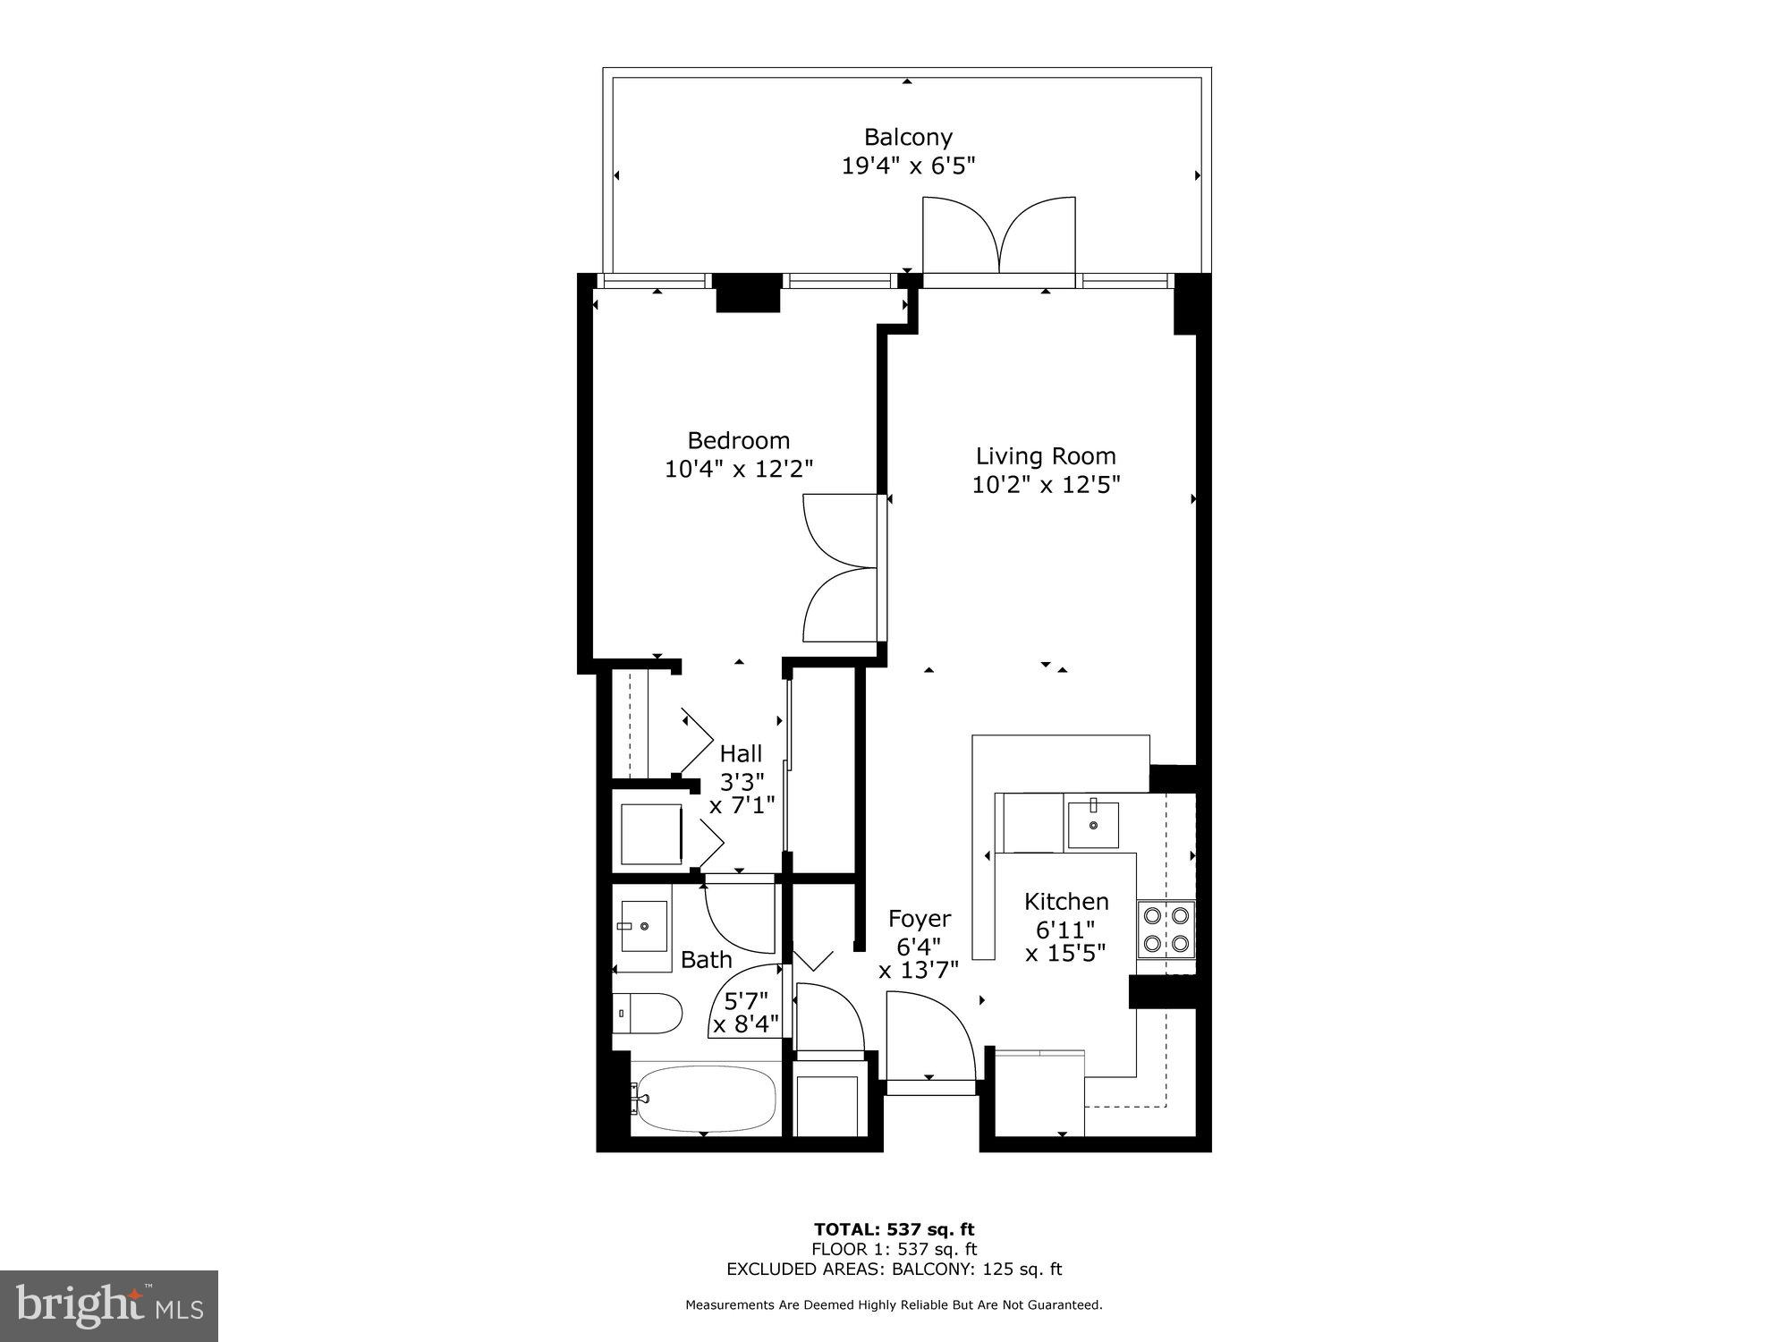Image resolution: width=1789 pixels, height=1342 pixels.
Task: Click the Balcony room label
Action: [x=907, y=137]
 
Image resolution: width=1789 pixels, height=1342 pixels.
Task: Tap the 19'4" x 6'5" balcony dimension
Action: [x=907, y=166]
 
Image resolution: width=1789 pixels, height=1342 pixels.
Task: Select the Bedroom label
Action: [x=738, y=440]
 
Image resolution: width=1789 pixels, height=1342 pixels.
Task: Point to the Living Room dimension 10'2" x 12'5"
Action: [x=1046, y=485]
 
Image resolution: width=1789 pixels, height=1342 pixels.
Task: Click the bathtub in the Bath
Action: [x=703, y=1099]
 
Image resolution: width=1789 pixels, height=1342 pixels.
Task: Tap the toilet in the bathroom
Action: [x=648, y=1013]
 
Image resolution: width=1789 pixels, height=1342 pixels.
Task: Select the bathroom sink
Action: [x=642, y=927]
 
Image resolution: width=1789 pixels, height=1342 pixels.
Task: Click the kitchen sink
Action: [x=1092, y=824]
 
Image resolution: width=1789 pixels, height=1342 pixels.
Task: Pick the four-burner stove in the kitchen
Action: [x=1166, y=929]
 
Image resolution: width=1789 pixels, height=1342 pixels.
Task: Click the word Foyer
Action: [x=919, y=919]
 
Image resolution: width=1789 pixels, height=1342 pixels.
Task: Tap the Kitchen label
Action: [x=1065, y=901]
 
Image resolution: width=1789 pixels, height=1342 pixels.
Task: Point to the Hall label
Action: [x=741, y=753]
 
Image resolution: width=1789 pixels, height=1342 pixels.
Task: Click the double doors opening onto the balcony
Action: [x=998, y=234]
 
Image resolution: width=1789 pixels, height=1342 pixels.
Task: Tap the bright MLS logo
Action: [x=109, y=1306]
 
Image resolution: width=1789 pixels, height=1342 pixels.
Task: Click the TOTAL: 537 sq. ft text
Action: [x=894, y=1229]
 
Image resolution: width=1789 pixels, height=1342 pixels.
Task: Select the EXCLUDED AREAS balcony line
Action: [x=894, y=1269]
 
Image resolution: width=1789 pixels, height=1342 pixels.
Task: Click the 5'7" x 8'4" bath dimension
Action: [x=746, y=1010]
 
